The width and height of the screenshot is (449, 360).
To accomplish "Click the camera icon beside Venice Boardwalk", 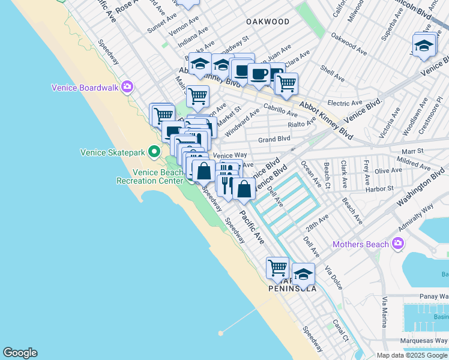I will [127, 88].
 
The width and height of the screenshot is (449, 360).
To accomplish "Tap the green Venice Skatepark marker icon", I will [154, 152].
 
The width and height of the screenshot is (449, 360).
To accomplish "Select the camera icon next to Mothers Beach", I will [397, 244].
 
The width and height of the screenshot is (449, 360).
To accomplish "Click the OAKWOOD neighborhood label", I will [268, 22].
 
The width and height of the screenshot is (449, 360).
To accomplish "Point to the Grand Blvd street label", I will [274, 139].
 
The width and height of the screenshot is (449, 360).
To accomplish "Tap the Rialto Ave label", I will [302, 124].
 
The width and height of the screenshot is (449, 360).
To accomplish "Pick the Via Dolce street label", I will [333, 278].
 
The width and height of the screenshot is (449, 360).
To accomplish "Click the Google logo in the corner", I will [20, 353].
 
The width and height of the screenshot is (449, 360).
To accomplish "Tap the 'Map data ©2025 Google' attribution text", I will [412, 355].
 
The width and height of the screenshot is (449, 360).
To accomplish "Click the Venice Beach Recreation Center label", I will [149, 176].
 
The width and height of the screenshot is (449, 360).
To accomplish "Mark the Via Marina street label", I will [384, 317].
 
